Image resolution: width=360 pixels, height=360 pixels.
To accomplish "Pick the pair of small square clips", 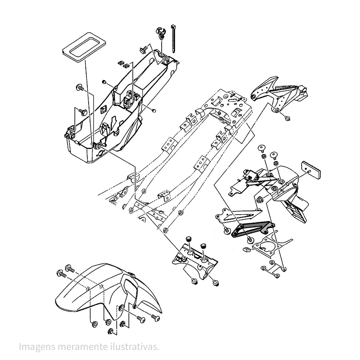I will (123, 64).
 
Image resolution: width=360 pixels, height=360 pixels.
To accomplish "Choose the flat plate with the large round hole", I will (268, 245).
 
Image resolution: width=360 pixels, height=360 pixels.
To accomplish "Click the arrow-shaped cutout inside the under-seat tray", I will (114, 122).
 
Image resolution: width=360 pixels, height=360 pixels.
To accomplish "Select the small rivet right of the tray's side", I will (153, 110).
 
